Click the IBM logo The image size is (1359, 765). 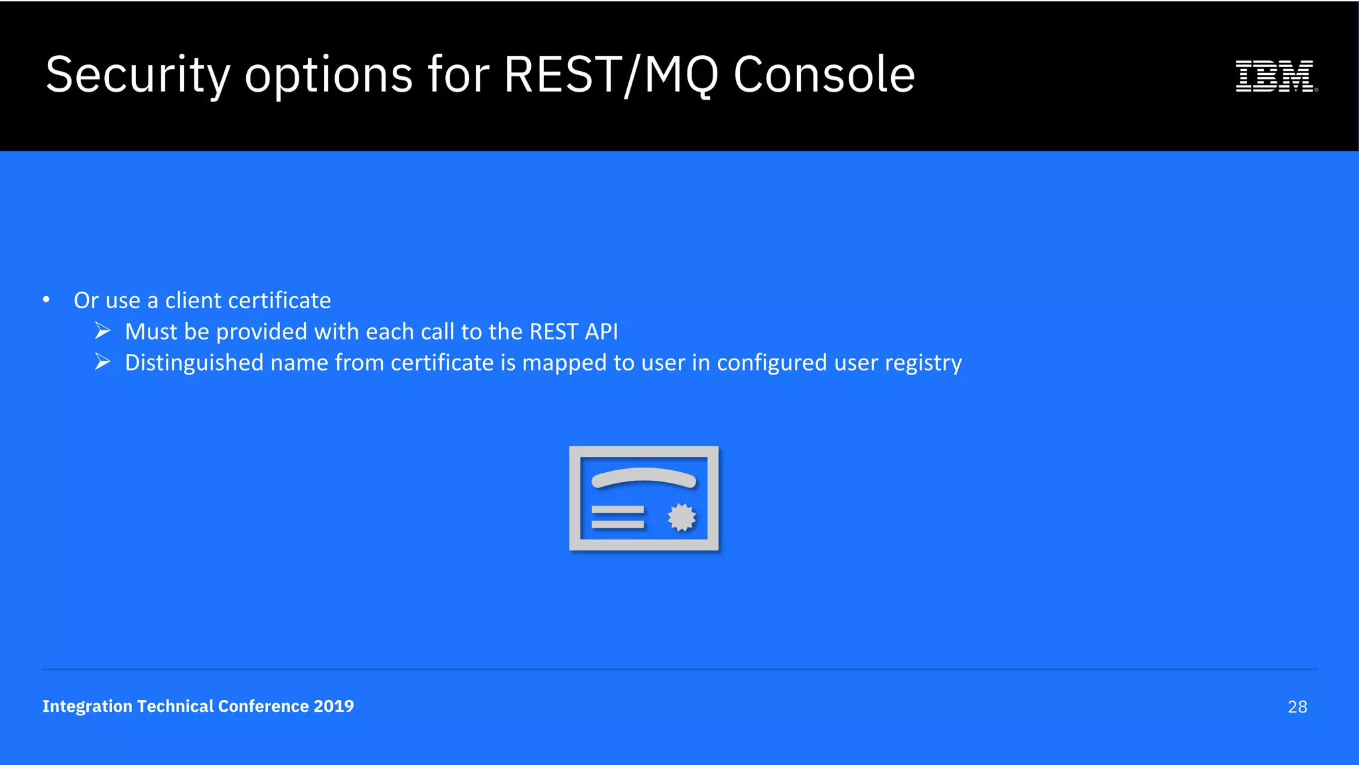[1275, 76]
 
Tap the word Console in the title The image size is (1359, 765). [824, 74]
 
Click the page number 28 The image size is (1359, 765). [1297, 707]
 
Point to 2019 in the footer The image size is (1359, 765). [334, 706]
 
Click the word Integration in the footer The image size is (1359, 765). [87, 706]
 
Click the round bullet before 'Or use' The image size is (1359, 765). [46, 300]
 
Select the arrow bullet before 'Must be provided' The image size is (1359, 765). [102, 330]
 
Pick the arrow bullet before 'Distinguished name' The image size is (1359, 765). [102, 361]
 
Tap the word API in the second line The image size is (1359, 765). [601, 331]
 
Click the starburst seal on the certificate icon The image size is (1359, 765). [681, 517]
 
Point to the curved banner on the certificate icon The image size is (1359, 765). [644, 477]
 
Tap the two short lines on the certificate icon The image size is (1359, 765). [617, 517]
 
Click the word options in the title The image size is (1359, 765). [328, 75]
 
